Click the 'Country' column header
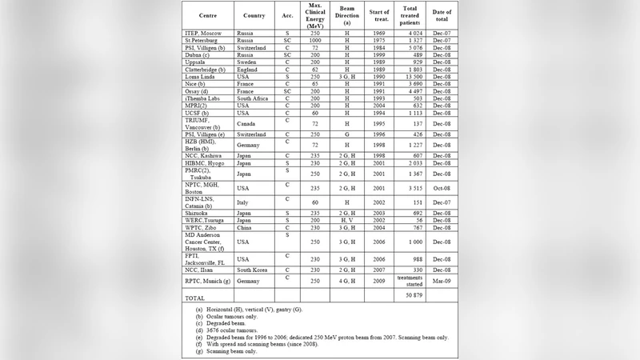(254, 15)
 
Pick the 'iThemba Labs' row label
(205, 98)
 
